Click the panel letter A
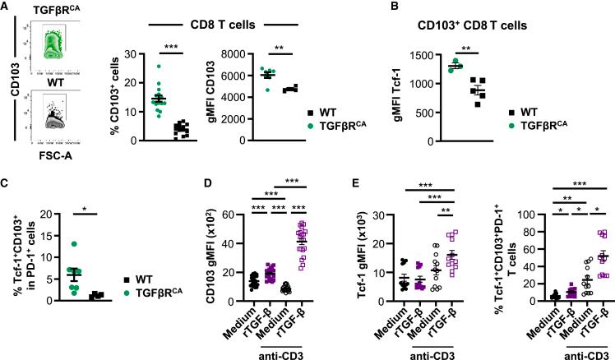pos(7,8)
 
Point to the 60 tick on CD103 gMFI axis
pos(224,215)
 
